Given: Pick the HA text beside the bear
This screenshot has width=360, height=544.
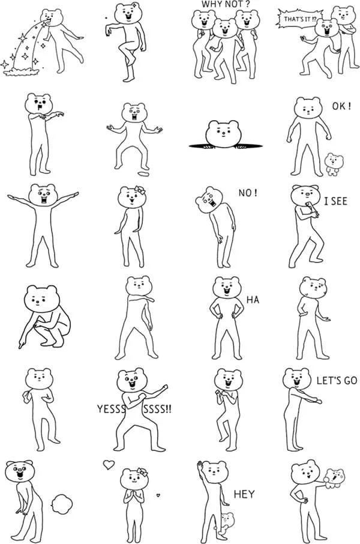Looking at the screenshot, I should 253,298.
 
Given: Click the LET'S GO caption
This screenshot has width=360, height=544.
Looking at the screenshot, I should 337,381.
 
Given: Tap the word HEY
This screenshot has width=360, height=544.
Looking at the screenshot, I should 244,494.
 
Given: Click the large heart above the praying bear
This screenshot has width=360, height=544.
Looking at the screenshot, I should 109,464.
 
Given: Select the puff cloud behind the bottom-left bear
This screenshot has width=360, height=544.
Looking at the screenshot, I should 61,501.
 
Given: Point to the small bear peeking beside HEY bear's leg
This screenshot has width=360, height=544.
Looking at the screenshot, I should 226,521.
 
